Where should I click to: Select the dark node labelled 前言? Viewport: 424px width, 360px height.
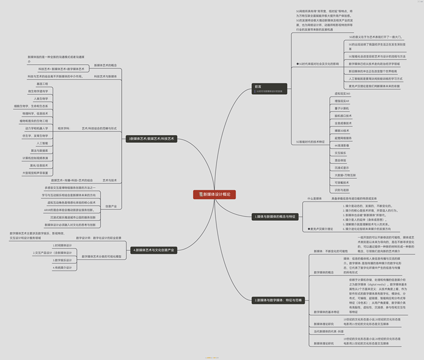258,86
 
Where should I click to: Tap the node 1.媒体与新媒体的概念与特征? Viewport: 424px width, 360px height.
275,216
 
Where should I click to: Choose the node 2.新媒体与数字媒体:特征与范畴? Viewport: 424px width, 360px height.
278,299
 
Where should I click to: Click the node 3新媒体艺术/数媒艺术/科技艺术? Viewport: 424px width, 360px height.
151,139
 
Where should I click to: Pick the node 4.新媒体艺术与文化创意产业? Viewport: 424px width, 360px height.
154,249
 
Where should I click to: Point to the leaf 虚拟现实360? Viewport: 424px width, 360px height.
342,94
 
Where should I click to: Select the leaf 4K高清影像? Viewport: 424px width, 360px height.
341,145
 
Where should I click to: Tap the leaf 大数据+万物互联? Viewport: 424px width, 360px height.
345,175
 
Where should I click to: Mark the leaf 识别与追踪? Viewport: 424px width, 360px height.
341,190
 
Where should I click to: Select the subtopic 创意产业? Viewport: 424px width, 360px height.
111,206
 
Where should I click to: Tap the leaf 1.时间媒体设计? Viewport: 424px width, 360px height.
62,245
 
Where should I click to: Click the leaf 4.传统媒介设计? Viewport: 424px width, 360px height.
62,268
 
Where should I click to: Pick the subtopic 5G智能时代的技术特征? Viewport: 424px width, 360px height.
311,142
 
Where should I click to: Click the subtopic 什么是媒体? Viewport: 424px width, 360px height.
314,197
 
